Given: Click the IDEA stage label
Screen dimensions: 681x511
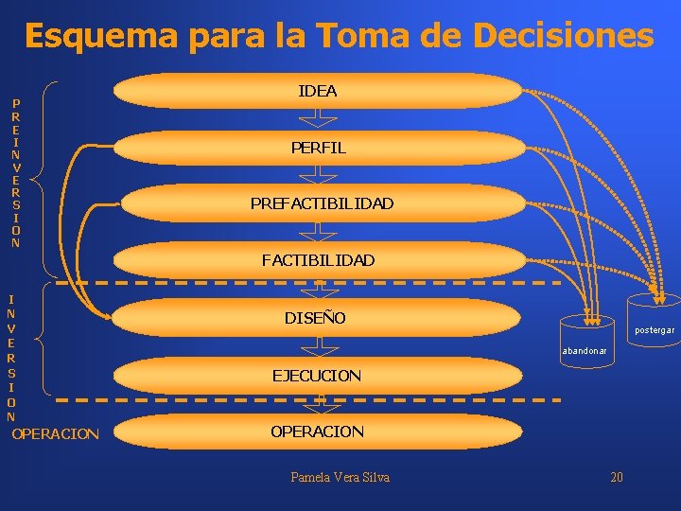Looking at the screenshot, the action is coord(317,92).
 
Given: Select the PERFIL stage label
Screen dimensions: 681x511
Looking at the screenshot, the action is coord(318,148).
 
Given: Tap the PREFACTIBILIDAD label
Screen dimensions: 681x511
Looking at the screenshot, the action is coord(322,203).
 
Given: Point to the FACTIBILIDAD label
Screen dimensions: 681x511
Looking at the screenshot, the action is coord(318,259).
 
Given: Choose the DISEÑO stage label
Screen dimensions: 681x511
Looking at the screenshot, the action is coord(315,318).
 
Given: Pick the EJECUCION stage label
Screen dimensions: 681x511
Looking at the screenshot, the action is coord(316,376).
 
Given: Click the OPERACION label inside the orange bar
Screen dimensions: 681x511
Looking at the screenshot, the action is coord(317,432).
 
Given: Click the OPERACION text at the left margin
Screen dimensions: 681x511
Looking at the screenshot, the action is coord(55,434).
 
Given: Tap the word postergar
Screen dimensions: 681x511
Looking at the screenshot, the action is coord(655,330).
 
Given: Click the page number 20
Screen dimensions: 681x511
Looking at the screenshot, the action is coord(617,477).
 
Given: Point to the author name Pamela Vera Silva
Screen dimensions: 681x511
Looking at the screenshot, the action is coord(340,477).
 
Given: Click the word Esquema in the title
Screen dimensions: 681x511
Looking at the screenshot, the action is coord(101,37).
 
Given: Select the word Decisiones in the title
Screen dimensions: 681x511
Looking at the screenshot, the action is coord(564,37).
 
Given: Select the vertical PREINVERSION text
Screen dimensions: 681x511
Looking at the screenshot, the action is coord(15,172).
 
